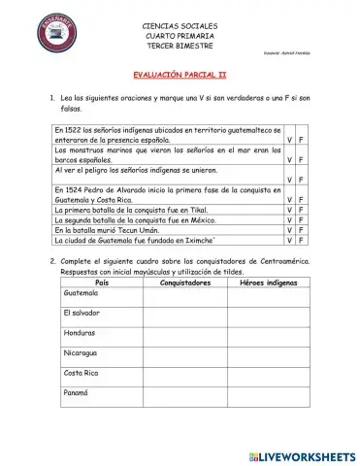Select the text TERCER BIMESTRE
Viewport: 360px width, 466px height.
point(180,46)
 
